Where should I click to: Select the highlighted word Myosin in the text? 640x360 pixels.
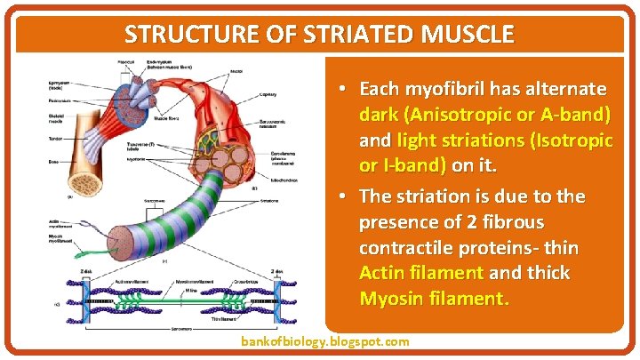[388, 298]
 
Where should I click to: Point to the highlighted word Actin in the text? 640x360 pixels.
[381, 272]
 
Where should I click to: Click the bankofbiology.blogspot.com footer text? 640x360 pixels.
[325, 341]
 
